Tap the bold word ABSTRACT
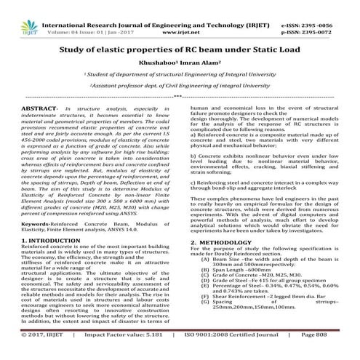pyautogui.click(x=36, y=128)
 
